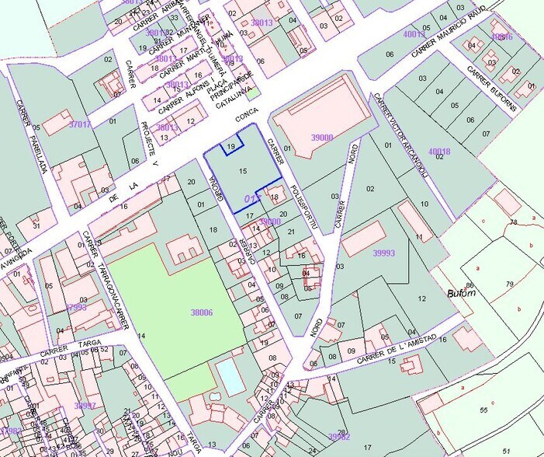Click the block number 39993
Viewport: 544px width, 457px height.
(x=383, y=253)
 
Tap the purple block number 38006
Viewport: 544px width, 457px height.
(x=202, y=312)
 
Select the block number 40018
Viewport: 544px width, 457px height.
(x=439, y=151)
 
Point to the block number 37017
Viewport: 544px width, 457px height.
(x=80, y=124)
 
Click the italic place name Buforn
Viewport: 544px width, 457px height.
(x=460, y=295)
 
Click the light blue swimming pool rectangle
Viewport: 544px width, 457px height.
(x=230, y=377)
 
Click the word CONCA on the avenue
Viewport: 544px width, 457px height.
(x=247, y=119)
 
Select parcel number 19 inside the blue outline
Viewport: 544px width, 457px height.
(x=231, y=147)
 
